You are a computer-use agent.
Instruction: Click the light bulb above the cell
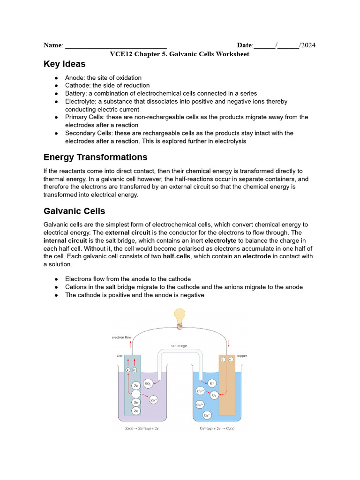[x=180, y=317]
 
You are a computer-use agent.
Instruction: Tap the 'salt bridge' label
[x=179, y=346]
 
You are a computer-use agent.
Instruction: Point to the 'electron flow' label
[x=121, y=337]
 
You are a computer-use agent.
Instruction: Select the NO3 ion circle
[x=148, y=383]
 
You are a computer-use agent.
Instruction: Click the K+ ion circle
[x=211, y=383]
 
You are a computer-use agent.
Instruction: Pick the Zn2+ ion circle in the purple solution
[x=153, y=400]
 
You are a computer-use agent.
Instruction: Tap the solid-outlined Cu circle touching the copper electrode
[x=214, y=395]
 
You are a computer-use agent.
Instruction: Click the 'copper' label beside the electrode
[x=241, y=356]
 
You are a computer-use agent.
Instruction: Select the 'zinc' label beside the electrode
[x=120, y=356]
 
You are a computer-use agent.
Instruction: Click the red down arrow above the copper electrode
[x=229, y=345]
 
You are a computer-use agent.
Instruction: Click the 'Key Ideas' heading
[x=64, y=64]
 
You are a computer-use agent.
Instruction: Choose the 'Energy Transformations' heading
[x=95, y=157]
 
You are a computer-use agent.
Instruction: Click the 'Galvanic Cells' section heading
[x=74, y=211]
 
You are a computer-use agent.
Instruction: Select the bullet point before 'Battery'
[x=56, y=93]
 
